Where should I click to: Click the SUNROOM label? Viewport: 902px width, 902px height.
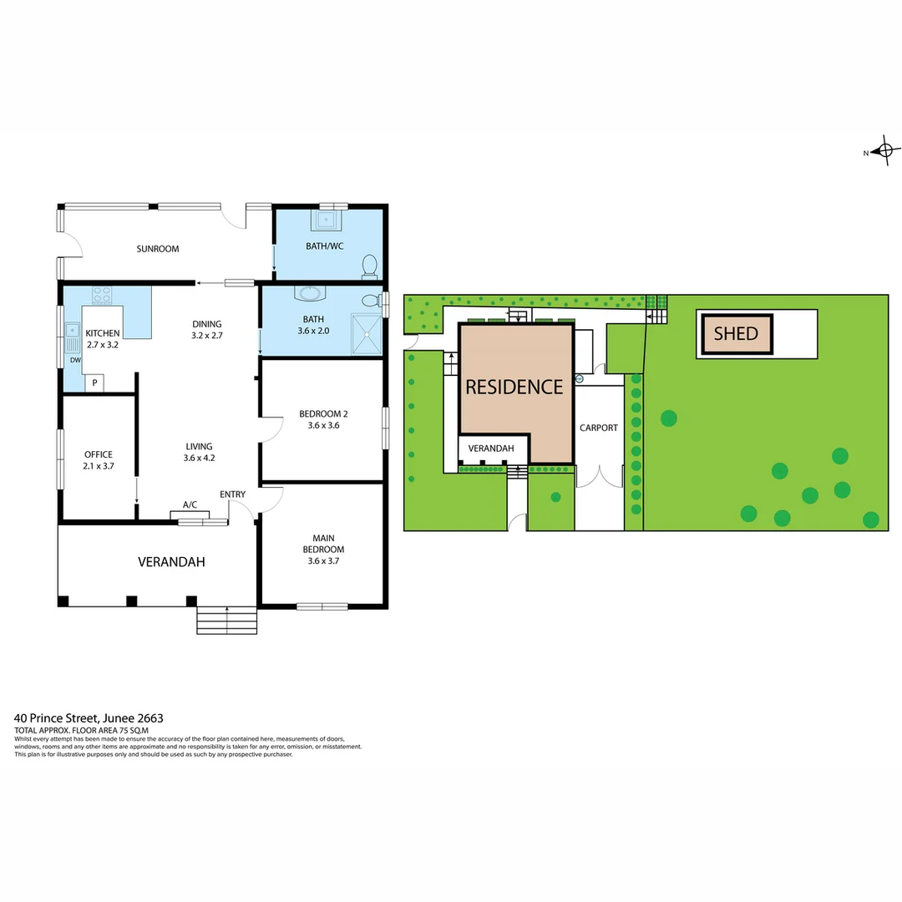click(158, 249)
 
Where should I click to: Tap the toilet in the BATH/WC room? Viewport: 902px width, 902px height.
click(369, 266)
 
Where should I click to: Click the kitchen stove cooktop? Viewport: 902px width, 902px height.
click(102, 295)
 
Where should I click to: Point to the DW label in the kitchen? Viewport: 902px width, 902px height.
click(74, 361)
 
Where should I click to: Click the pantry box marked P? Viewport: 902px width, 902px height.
click(95, 383)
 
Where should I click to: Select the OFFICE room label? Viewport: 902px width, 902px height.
click(98, 454)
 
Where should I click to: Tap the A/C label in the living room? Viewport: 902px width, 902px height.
click(190, 504)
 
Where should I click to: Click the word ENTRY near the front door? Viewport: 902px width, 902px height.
click(232, 494)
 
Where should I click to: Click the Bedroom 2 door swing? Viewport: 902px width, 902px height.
click(271, 429)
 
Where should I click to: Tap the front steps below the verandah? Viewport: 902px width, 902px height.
click(226, 621)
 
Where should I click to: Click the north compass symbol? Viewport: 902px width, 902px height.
click(884, 151)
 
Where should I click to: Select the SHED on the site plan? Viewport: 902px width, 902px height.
click(736, 334)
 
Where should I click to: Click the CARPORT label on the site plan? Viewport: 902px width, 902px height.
click(599, 428)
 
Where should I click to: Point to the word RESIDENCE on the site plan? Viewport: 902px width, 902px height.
click(514, 387)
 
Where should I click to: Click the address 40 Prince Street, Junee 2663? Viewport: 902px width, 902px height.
click(89, 717)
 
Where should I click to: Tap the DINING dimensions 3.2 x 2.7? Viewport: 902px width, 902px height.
click(206, 335)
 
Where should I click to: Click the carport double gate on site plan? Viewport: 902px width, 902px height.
click(600, 477)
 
